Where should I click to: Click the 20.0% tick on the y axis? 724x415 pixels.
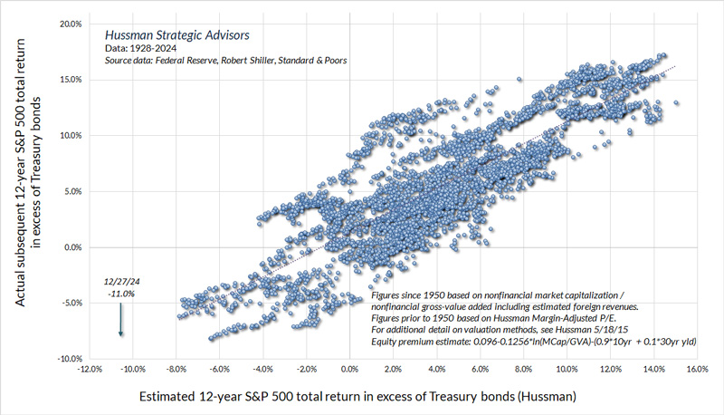pyautogui.click(x=69, y=24)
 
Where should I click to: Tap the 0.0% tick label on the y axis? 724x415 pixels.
pyautogui.click(x=71, y=247)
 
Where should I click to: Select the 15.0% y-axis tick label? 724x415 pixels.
pyautogui.click(x=69, y=80)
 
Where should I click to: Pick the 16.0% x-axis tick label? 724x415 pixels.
pyautogui.click(x=696, y=370)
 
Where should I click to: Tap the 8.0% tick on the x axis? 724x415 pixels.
pyautogui.click(x=523, y=370)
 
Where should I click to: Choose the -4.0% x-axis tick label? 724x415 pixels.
pyautogui.click(x=262, y=370)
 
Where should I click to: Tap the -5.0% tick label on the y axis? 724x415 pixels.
pyautogui.click(x=69, y=303)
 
